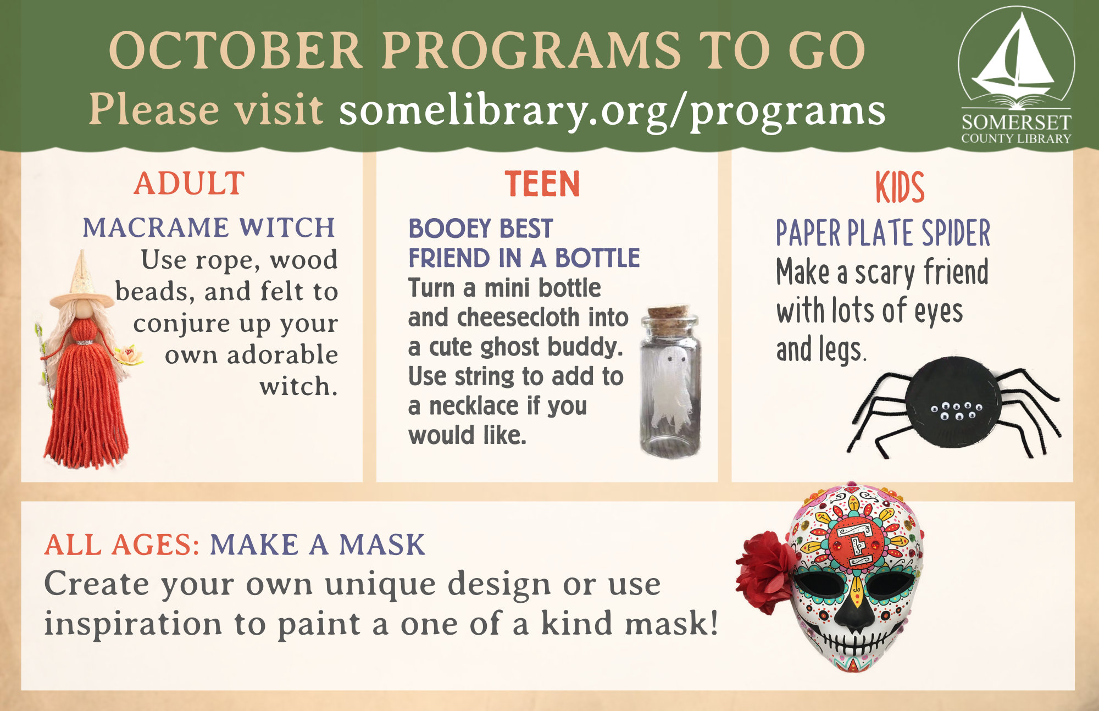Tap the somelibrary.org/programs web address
pyautogui.click(x=612, y=111)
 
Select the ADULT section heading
pyautogui.click(x=189, y=184)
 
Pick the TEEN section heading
pyautogui.click(x=542, y=184)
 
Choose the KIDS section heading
pyautogui.click(x=900, y=187)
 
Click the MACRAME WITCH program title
pyautogui.click(x=209, y=227)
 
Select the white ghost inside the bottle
pyautogui.click(x=671, y=385)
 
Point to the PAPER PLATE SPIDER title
pyautogui.click(x=883, y=232)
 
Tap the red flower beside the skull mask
pyautogui.click(x=766, y=571)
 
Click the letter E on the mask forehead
pyautogui.click(x=856, y=545)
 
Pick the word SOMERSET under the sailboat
pyautogui.click(x=1016, y=122)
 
